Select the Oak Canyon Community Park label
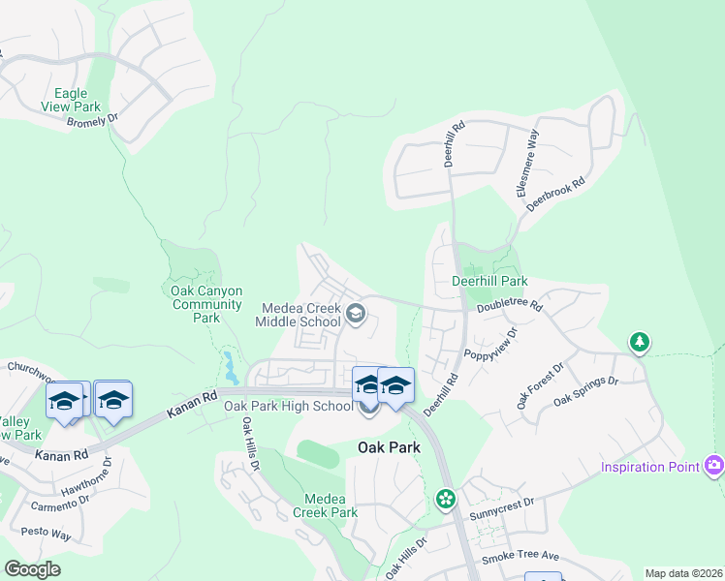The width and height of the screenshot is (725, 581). [x=205, y=304]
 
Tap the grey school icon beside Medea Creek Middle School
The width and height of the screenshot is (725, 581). [x=356, y=313]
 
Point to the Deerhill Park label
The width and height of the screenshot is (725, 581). [x=489, y=282]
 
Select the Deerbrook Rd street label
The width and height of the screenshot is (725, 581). [x=565, y=196]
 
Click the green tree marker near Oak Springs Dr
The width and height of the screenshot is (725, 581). [x=639, y=342]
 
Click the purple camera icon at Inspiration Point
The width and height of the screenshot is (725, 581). [x=715, y=466]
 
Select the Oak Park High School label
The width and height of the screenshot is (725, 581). [x=289, y=406]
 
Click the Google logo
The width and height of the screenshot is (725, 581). [x=31, y=569]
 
